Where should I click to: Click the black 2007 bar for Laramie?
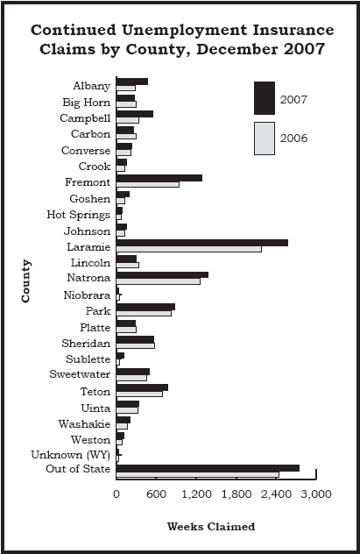click(x=201, y=243)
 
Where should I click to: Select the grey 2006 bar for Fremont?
click(x=147, y=184)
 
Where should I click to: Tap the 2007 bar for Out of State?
click(x=208, y=468)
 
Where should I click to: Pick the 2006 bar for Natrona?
click(x=159, y=281)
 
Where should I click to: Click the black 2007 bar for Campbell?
click(x=135, y=114)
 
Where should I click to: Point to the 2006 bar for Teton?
click(x=139, y=394)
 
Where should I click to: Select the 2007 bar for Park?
click(x=145, y=307)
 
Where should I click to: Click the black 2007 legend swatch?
click(x=265, y=98)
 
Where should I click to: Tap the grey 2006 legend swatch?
click(x=265, y=138)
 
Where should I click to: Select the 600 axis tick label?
click(x=156, y=494)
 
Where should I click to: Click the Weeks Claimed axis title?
click(x=211, y=527)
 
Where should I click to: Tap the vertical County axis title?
click(x=25, y=281)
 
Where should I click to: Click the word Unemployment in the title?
click(x=184, y=31)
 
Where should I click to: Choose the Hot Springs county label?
click(x=78, y=215)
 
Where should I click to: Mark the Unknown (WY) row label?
click(x=71, y=455)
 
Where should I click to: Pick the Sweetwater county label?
click(x=80, y=374)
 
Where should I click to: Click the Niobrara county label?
click(x=87, y=295)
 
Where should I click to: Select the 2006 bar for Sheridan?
click(x=136, y=345)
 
